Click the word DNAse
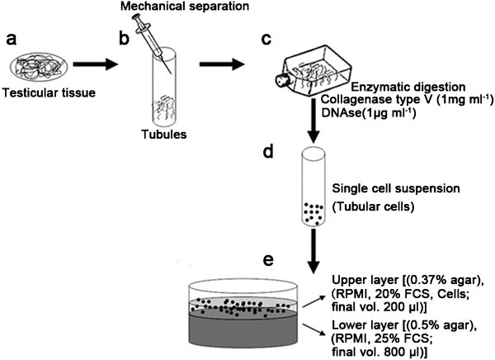click(x=342, y=113)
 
